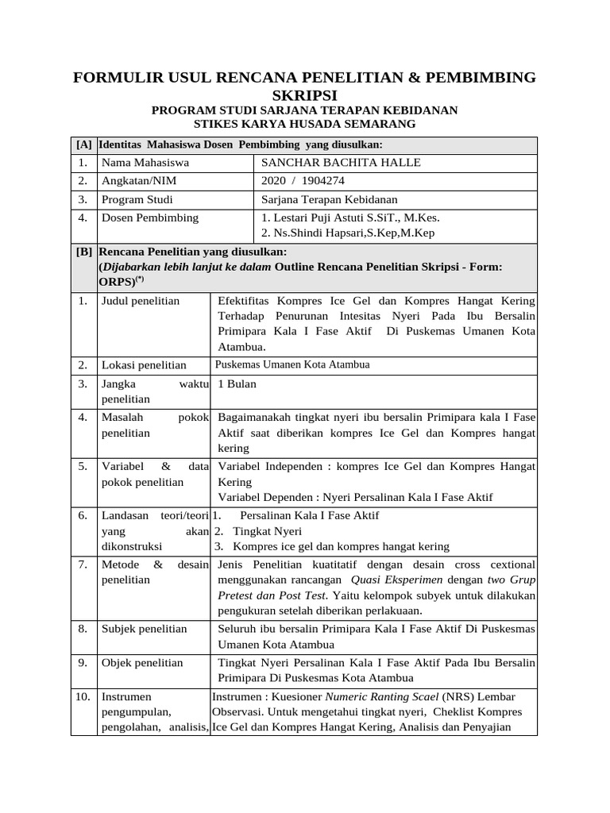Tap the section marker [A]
click(83, 144)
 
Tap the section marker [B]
click(83, 252)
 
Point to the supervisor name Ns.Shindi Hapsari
click(317, 233)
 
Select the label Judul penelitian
click(141, 301)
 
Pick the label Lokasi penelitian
click(144, 365)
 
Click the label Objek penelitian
click(142, 662)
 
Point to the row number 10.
click(83, 696)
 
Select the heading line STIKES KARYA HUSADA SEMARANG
click(304, 125)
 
